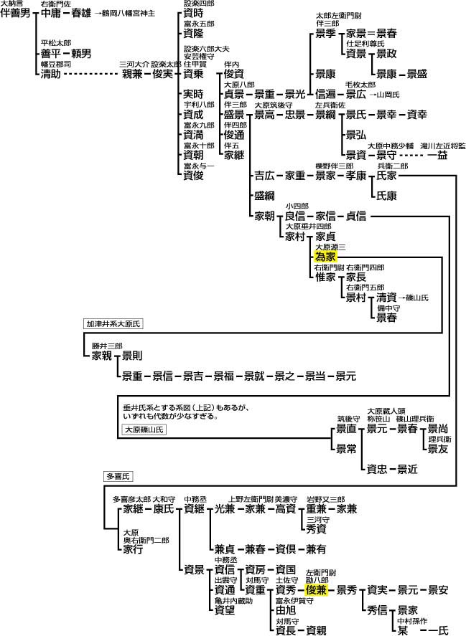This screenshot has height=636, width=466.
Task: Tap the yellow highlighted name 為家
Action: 325,257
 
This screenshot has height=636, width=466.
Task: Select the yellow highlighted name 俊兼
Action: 317,590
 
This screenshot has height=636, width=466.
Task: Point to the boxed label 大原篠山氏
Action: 144,429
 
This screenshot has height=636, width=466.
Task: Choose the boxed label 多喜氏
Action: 117,476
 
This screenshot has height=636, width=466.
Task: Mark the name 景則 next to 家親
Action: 132,356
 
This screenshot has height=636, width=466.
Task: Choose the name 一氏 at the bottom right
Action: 438,630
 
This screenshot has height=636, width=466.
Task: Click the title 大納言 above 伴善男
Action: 11,4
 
